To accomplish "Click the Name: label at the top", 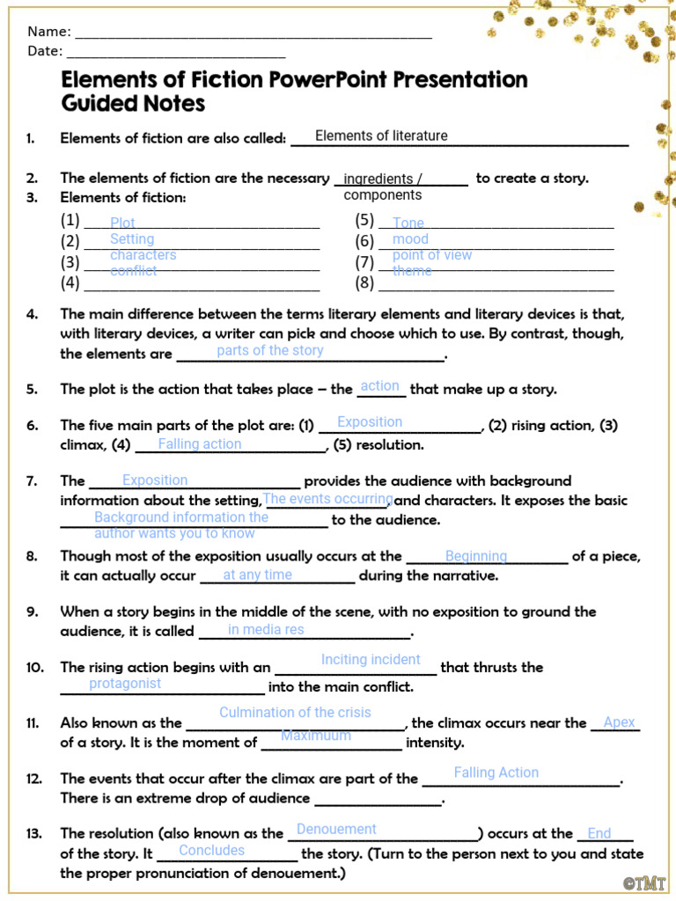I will point(48,32).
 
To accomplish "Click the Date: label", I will point(44,51).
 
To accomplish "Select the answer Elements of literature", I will point(381,136).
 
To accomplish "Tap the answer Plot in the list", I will point(122,223).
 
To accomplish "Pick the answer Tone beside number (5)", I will point(408,223).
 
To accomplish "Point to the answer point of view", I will point(431,255).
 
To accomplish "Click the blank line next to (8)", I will point(496,285).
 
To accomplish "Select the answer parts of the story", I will point(269,350).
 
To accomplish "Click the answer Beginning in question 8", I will point(475,556).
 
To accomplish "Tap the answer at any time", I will point(257,575).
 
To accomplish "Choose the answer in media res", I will point(266,629).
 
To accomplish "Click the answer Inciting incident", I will point(371,660).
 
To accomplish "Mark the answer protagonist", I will point(125,684).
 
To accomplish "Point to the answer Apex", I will point(619,722).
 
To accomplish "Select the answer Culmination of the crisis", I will point(295,713).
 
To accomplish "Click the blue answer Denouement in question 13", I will point(336,830).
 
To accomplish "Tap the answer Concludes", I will point(211,851).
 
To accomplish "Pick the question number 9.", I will point(32,612).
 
